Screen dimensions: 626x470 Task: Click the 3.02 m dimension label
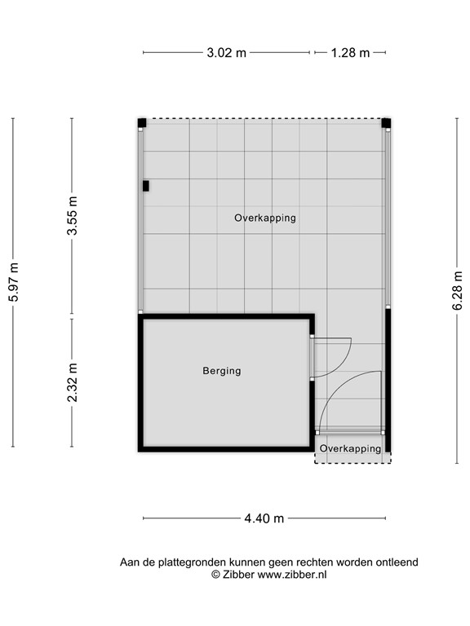point(227,53)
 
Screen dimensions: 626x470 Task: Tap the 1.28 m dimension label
point(350,53)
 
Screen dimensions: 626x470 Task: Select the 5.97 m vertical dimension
point(13,283)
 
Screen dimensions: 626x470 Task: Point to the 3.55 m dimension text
point(72,216)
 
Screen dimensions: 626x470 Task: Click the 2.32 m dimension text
point(72,382)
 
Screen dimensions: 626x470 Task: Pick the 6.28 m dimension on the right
point(458,290)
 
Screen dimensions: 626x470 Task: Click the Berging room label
point(222,371)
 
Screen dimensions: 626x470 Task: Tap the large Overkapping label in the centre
point(264,218)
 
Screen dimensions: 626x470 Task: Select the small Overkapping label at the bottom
point(350,449)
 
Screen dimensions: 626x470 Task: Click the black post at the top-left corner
point(142,123)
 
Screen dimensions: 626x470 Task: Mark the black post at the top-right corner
point(386,123)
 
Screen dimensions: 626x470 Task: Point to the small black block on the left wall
point(146,186)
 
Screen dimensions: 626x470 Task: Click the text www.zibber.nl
point(292,574)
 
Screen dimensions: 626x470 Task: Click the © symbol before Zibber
point(215,574)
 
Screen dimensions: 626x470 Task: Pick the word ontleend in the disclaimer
point(397,562)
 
